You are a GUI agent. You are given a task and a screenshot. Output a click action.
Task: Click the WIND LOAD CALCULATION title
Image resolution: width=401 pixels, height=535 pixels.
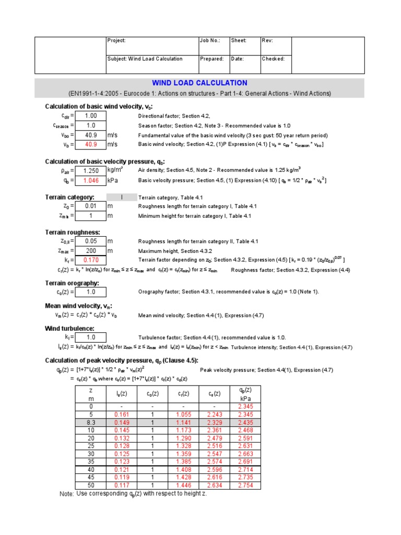click(x=199, y=83)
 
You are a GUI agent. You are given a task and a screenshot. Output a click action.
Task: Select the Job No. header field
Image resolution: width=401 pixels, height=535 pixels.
click(x=210, y=41)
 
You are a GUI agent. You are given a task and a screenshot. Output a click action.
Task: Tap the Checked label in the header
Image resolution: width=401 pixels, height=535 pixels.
click(x=273, y=59)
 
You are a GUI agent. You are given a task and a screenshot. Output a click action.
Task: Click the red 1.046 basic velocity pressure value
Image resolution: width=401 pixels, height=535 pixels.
click(x=91, y=180)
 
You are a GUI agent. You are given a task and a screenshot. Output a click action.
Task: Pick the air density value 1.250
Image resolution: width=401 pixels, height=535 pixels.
click(x=91, y=170)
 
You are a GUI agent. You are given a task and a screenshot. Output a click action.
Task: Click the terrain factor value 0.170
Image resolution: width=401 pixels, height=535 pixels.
click(x=91, y=260)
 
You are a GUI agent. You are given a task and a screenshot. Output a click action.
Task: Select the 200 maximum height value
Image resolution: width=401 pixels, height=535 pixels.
click(x=91, y=251)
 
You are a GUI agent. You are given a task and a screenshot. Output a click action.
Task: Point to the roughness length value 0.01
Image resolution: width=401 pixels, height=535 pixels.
click(x=91, y=206)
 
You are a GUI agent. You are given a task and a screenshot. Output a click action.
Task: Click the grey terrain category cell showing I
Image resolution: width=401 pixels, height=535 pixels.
click(x=121, y=197)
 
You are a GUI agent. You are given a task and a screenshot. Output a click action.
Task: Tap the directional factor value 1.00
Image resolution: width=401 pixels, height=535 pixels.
click(x=91, y=116)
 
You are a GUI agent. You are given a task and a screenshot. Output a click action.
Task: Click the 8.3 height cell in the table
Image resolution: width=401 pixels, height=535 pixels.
click(x=91, y=422)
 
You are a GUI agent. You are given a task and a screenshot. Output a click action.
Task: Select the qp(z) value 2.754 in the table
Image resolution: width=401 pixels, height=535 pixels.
click(x=245, y=485)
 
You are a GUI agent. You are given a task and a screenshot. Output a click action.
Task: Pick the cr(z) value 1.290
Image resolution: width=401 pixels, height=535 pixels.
click(x=183, y=438)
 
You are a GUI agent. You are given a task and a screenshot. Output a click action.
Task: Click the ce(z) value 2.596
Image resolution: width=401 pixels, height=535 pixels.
click(x=214, y=470)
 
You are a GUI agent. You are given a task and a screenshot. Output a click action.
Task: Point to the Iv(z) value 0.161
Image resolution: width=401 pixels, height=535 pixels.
click(x=121, y=414)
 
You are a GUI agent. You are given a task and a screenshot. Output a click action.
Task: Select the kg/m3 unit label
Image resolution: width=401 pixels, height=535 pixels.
click(x=115, y=170)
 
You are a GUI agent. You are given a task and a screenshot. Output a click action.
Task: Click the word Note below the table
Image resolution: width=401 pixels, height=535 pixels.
click(x=66, y=494)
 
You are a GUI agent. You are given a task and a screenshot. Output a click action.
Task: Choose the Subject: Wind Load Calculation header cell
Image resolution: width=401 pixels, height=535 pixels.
click(x=145, y=59)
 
